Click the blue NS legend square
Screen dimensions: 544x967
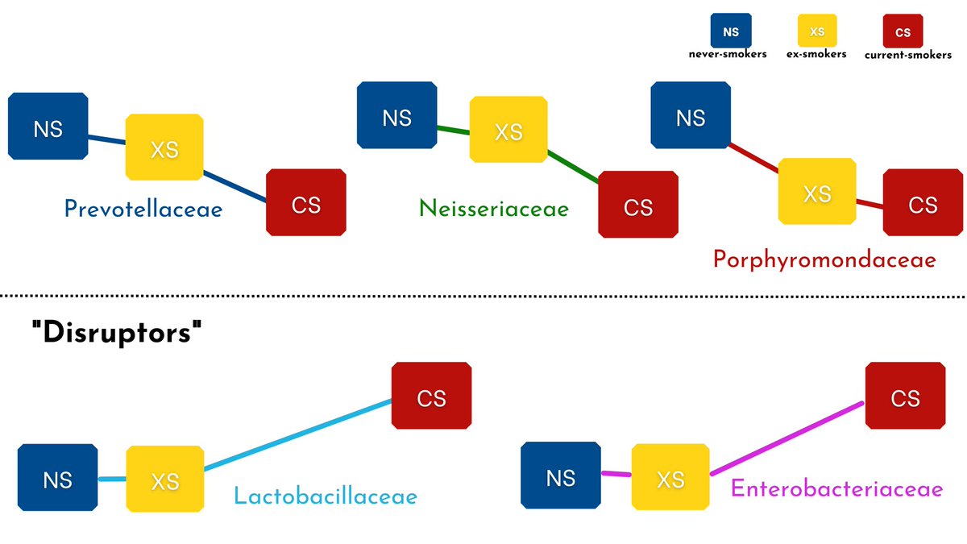click(730, 32)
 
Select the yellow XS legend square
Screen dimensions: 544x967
click(816, 32)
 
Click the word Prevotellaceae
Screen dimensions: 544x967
click(143, 210)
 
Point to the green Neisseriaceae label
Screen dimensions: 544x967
click(493, 210)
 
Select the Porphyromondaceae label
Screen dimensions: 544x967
click(824, 260)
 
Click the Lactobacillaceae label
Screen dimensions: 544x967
click(326, 495)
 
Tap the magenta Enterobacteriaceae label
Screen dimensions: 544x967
click(836, 488)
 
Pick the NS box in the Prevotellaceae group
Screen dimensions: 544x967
click(48, 128)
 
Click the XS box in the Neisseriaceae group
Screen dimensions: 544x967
click(508, 131)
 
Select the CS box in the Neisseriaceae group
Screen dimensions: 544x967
click(637, 206)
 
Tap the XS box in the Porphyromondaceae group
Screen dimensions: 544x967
click(817, 193)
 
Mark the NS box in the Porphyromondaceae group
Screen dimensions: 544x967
click(691, 118)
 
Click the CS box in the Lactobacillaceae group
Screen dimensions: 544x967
click(431, 398)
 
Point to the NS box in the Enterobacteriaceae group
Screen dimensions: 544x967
click(560, 477)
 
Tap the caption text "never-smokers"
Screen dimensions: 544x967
click(728, 55)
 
